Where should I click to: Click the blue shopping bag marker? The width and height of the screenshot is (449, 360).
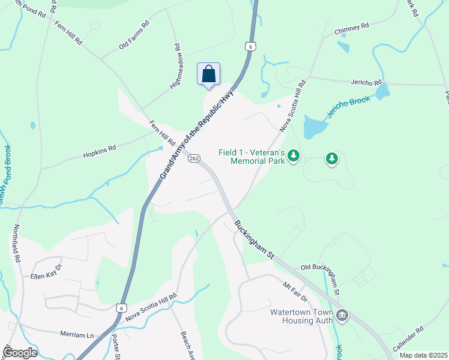point(208,74)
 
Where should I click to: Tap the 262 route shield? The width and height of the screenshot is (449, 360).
point(194,158)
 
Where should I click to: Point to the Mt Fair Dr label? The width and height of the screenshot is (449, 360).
point(295,289)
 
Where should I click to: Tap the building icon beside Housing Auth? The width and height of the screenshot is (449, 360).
point(342,315)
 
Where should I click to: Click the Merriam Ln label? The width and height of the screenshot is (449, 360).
point(77,333)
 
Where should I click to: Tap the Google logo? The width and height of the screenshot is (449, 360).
point(20,353)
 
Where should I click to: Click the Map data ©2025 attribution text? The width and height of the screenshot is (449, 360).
point(423,355)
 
